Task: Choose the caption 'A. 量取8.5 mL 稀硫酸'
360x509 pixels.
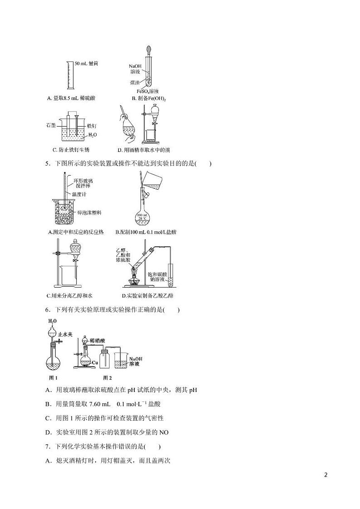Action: [x=71, y=98]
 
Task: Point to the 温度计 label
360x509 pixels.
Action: [x=78, y=194]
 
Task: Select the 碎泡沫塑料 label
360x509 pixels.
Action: [x=88, y=212]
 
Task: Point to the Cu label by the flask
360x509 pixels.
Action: [x=95, y=363]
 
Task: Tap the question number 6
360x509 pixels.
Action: [x=47, y=310]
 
